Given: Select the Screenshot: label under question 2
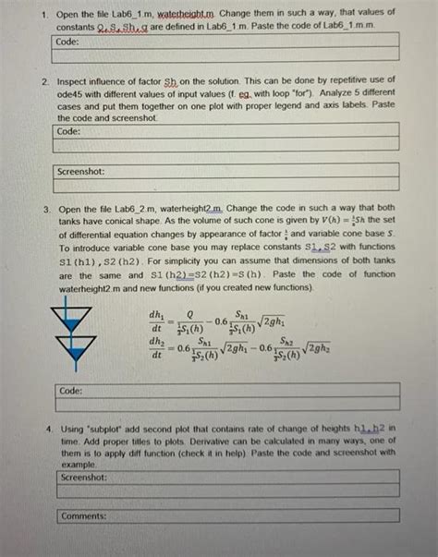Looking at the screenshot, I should click(80, 171).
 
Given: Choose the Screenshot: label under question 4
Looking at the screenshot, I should click(83, 478).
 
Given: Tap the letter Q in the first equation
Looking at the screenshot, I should click(190, 313).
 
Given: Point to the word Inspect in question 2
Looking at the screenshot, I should click(73, 81).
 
